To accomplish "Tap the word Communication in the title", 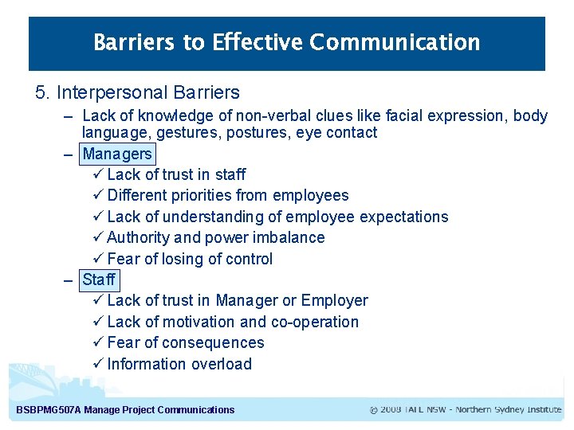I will [395, 42].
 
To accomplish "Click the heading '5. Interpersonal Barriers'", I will [137, 92].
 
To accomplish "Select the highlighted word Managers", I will [117, 154].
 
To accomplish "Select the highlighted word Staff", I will [99, 279].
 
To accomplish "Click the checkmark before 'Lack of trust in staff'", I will [98, 174].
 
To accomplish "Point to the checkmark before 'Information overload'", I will [98, 364].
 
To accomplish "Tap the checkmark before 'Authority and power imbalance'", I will [98, 237].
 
